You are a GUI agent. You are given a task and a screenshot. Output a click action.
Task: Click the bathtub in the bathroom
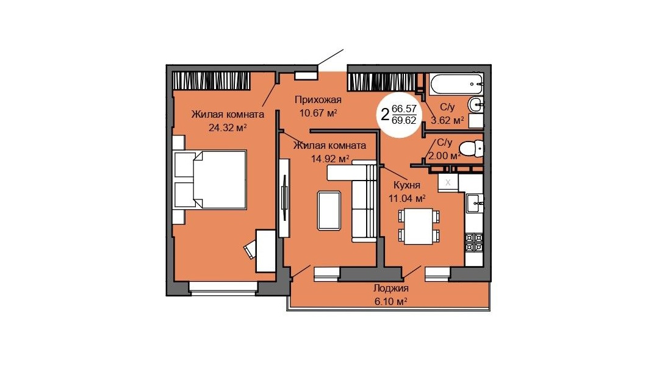pos(456,84)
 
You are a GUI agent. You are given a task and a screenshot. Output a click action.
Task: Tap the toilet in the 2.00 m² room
pos(472,148)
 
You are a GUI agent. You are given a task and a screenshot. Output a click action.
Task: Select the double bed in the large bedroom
pos(210,179)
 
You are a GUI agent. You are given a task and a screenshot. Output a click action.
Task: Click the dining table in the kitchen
pos(419,226)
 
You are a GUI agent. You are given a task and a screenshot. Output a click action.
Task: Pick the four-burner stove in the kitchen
pos(473,242)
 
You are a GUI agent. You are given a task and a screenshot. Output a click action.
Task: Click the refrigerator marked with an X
pos(448,182)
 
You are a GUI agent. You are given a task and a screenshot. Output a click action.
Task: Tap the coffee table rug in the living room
pos(329,210)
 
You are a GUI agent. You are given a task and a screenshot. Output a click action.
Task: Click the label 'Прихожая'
pos(318,99)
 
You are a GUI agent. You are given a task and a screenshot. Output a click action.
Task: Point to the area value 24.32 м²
pos(228,127)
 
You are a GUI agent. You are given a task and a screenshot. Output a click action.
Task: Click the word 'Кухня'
pos(407,185)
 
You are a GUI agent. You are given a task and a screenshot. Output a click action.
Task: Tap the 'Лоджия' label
pos(390,289)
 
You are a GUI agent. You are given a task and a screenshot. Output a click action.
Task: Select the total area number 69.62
pos(404,120)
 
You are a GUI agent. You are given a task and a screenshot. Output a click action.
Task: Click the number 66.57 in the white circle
pos(404,109)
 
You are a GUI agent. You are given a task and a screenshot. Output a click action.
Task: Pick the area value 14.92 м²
pos(330,159)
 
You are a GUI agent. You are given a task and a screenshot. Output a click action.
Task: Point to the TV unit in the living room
pos(284,198)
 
